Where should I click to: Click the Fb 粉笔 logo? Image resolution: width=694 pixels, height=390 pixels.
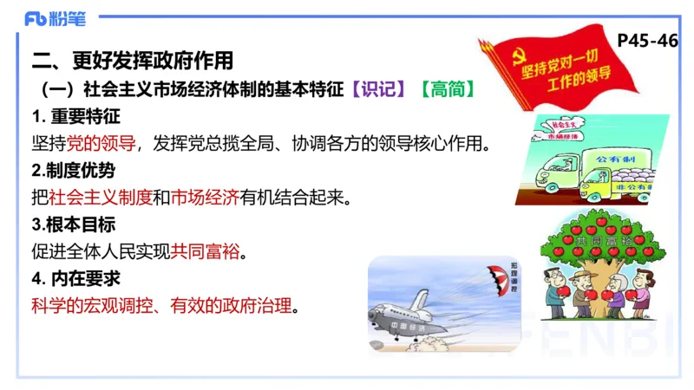pyautogui.click(x=54, y=18)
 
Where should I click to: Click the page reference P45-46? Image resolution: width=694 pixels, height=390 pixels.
pyautogui.click(x=646, y=40)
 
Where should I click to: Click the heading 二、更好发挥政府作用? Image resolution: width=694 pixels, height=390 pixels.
pyautogui.click(x=133, y=62)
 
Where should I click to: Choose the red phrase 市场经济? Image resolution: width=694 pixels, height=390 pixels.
pyautogui.click(x=205, y=197)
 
